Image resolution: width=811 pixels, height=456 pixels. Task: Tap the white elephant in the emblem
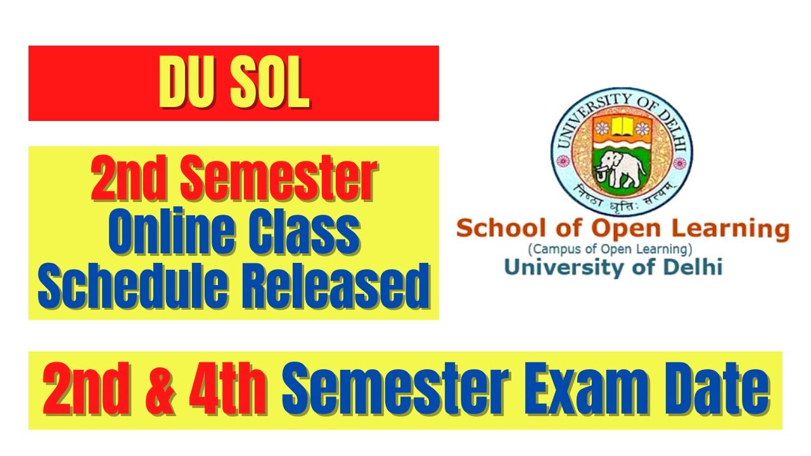(x=622, y=168)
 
